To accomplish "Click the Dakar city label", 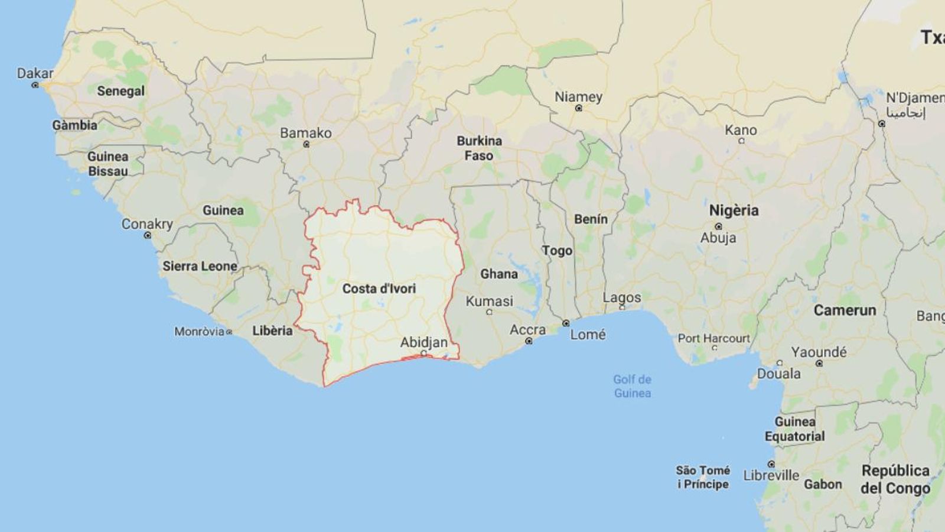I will click(35, 73).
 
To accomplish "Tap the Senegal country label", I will click(120, 91).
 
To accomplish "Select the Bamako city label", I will click(305, 133).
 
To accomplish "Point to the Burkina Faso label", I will click(479, 148).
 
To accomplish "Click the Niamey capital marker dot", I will click(578, 108).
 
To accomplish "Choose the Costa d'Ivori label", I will click(379, 288).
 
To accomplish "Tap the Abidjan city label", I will click(423, 342).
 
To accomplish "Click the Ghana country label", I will click(498, 274).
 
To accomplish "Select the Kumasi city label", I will click(489, 301).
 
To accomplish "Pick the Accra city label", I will click(527, 330).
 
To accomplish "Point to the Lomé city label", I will click(588, 335).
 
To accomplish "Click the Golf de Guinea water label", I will click(632, 386).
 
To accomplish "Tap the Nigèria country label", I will click(734, 210).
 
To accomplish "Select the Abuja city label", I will click(718, 238).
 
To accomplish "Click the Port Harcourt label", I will click(713, 338).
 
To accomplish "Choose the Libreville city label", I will click(771, 475).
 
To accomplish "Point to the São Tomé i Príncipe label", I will click(703, 477).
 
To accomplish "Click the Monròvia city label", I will click(199, 332).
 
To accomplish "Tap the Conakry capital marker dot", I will click(148, 235).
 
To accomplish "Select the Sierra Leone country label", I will click(200, 266).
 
